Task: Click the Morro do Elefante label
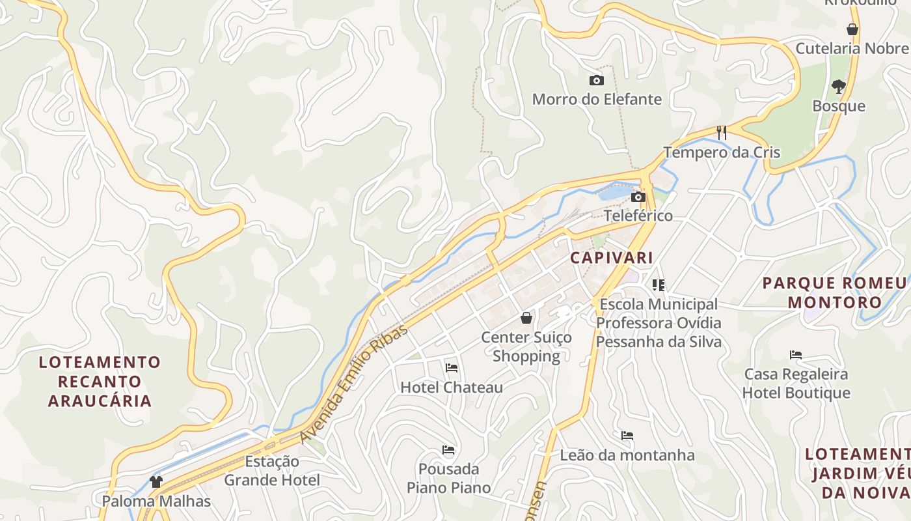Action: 597,100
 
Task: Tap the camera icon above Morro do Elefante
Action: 596,81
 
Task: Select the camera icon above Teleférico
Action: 638,197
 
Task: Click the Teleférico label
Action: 638,216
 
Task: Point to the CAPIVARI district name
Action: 612,257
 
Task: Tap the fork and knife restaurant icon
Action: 721,133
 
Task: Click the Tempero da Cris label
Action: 722,152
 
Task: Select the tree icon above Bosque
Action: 839,86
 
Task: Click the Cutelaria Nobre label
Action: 852,48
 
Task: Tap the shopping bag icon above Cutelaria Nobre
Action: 852,29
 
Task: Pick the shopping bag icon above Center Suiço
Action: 526,318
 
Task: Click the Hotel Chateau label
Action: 451,387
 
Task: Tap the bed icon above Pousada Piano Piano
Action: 448,449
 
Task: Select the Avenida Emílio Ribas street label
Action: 354,384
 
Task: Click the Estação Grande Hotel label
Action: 272,471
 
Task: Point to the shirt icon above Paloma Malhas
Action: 156,482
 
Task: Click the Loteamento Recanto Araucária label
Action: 100,381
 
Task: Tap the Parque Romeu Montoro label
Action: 834,292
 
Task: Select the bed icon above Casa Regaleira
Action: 796,355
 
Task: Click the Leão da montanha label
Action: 627,455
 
